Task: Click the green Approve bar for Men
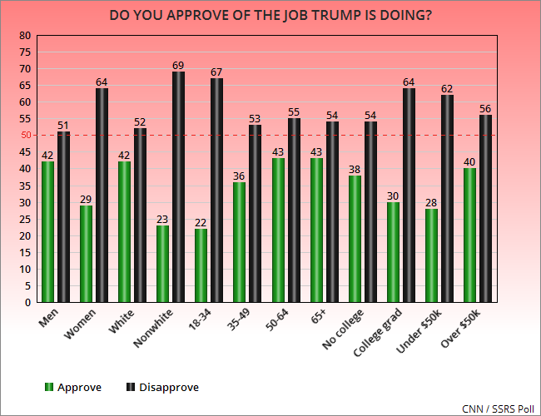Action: tap(47, 231)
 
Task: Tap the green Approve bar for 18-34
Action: tap(201, 265)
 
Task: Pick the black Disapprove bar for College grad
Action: tap(409, 195)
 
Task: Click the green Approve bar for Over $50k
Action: tap(470, 235)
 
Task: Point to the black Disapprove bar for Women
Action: tap(102, 195)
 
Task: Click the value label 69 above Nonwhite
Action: tap(178, 65)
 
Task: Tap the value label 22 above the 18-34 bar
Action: tap(201, 221)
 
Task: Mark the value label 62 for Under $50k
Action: tap(447, 88)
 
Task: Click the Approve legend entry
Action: tap(74, 387)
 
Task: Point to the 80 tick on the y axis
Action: tap(24, 36)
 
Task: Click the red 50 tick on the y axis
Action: tap(24, 136)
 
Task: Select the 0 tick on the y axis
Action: tap(27, 303)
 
